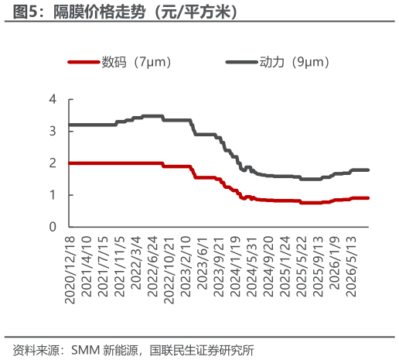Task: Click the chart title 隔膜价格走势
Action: point(99,12)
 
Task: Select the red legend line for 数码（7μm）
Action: point(84,62)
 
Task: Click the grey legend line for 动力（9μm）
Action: point(241,62)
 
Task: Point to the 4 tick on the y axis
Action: point(53,99)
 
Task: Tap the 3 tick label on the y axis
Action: point(53,131)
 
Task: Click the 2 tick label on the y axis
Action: point(53,163)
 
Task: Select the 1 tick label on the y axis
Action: point(53,195)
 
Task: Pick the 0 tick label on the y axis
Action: point(53,227)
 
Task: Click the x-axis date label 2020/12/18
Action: point(70,269)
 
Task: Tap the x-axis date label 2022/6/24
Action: point(152,266)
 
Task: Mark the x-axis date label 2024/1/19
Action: point(235,266)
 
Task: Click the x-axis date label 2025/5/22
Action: point(302,266)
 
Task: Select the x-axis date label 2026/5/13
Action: point(351,266)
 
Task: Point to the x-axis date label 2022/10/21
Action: point(169,269)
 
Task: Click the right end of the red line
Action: point(368,198)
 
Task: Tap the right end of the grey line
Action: point(368,170)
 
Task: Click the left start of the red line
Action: point(70,163)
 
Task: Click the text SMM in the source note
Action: point(86,350)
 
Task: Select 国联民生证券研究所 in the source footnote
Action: point(202,350)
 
